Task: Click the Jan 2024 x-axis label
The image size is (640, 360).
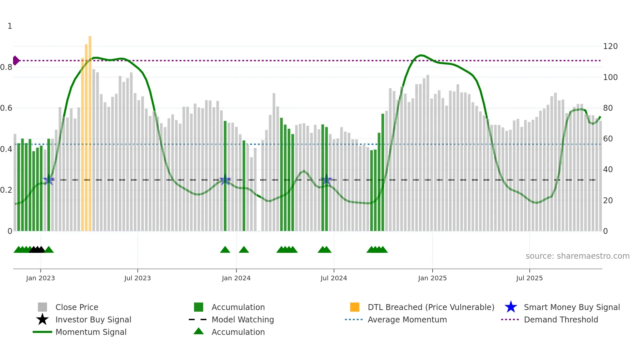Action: [236, 278]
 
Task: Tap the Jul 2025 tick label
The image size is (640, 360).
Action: [529, 278]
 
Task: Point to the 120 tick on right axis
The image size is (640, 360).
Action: [610, 46]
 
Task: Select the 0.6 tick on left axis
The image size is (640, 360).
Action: [6, 108]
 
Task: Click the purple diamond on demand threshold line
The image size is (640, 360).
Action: [16, 60]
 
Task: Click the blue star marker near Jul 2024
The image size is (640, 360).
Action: [326, 180]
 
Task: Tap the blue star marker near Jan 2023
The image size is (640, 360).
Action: [49, 180]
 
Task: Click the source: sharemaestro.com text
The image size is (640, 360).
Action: [577, 256]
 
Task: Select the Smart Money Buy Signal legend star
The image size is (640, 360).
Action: [511, 307]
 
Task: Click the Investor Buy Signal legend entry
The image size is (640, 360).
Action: [93, 319]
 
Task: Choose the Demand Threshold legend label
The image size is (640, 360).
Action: [561, 319]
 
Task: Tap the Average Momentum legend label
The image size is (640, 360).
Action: [407, 319]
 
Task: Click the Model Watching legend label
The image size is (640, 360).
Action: [243, 319]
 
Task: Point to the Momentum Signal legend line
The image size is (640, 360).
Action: [42, 332]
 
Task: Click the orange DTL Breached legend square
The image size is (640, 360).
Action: [355, 307]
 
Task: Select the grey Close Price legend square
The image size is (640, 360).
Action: [42, 307]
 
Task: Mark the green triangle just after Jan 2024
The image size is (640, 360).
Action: [244, 250]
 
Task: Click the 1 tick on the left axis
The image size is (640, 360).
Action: [10, 26]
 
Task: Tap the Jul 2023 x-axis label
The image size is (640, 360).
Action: [137, 278]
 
